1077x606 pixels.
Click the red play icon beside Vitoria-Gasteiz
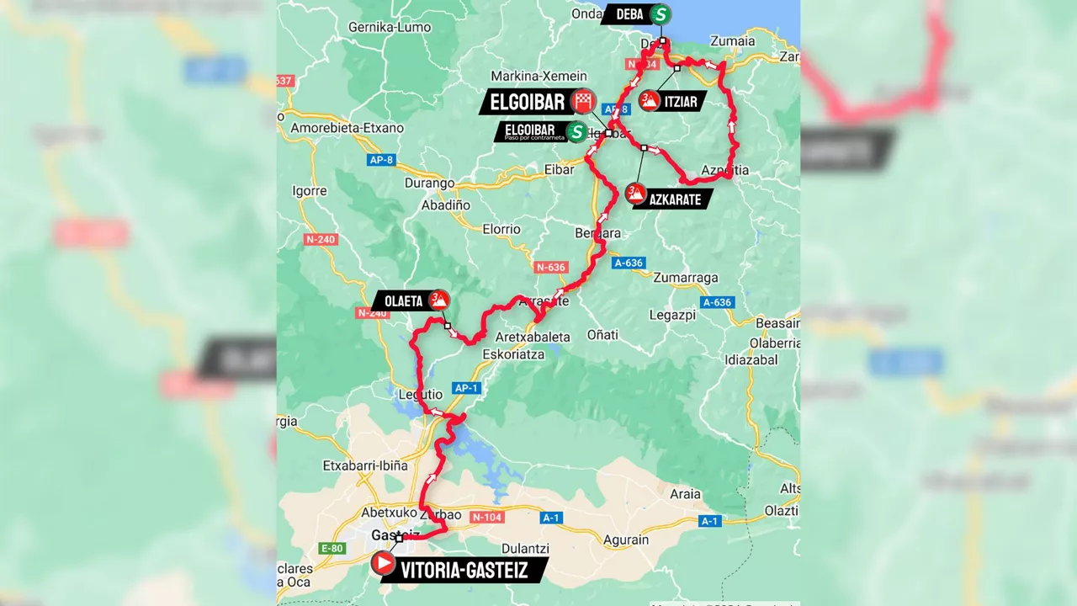point(383,561)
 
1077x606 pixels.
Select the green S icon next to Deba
point(661,14)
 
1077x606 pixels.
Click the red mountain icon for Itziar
point(649,101)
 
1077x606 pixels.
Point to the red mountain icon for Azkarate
point(636,194)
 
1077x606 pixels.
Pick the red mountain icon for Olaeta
point(438,299)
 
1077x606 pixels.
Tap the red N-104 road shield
point(488,517)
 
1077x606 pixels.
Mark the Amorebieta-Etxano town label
point(347,128)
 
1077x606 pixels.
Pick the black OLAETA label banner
point(400,300)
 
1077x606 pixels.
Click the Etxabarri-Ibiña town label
point(365,465)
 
